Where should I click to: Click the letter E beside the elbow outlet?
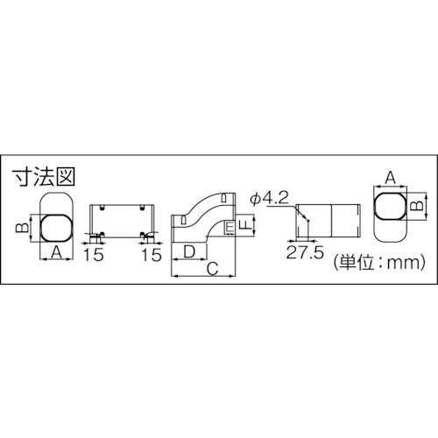click(x=229, y=230)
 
